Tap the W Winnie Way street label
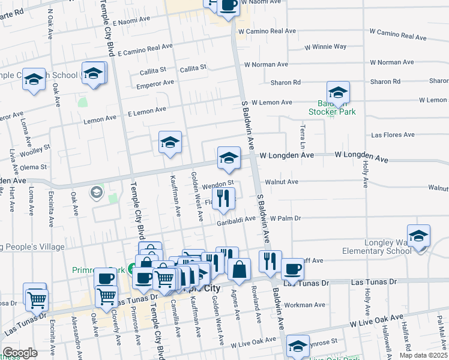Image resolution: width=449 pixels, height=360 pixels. pos(325,46)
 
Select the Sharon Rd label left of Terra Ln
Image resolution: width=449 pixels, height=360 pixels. pos(286,82)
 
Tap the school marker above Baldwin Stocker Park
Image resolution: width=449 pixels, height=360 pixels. pos(338,93)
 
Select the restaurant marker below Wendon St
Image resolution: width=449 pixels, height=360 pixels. pos(223,199)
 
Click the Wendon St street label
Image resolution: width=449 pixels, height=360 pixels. pos(217,184)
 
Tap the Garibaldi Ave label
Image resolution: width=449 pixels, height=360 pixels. pos(236,219)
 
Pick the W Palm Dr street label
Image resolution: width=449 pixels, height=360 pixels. pos(285,218)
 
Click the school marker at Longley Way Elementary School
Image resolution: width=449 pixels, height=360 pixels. pos(418,236)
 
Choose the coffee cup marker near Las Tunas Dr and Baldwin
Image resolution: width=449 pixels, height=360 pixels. pos(292,269)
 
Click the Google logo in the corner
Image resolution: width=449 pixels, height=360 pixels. pos(20,353)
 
